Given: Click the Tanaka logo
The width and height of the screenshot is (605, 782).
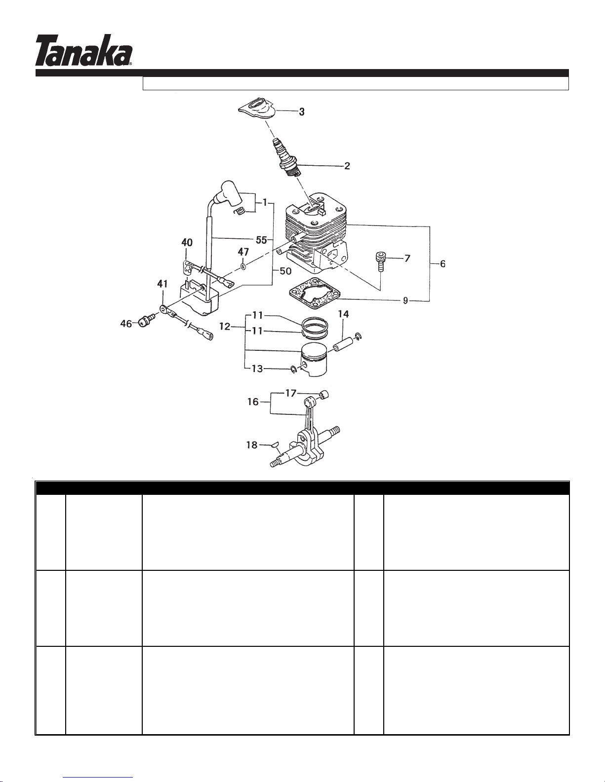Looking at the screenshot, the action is (x=83, y=50).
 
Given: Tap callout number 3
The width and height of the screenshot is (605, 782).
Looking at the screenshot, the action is (x=302, y=112).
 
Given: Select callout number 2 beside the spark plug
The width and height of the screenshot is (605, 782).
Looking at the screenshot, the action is (x=347, y=166).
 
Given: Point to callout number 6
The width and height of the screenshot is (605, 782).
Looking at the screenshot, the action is (x=443, y=264).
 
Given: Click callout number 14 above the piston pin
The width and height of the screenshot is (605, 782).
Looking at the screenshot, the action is (x=343, y=314).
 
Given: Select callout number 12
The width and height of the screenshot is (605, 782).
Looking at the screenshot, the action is (x=225, y=327).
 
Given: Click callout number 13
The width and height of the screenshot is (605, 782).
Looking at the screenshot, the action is (x=257, y=369).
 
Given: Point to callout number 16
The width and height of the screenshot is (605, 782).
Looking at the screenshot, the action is (x=253, y=402).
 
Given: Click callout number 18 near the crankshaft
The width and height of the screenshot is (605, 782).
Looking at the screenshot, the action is (x=252, y=445).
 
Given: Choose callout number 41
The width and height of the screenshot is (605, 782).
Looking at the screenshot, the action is (x=162, y=284).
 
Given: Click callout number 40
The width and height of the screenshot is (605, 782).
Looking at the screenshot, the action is (x=187, y=243).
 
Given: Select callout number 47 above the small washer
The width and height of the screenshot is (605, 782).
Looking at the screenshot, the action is (x=243, y=252).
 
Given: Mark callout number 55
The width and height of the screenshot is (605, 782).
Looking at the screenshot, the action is (x=261, y=240).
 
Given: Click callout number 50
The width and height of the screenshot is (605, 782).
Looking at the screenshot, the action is (x=285, y=271).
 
